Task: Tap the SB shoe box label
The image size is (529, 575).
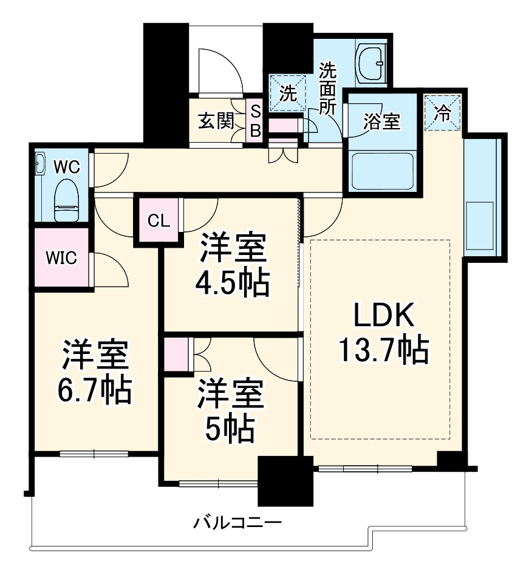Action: click(x=256, y=121)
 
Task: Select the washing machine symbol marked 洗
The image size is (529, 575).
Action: click(x=287, y=94)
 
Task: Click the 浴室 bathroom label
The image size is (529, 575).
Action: click(x=381, y=121)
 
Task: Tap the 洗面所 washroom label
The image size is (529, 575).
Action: click(x=328, y=89)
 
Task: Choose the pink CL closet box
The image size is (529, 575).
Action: click(x=159, y=220)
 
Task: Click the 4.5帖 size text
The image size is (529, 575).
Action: click(x=232, y=281)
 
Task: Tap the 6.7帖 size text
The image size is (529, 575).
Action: click(x=95, y=392)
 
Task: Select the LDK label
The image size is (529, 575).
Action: click(x=384, y=316)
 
